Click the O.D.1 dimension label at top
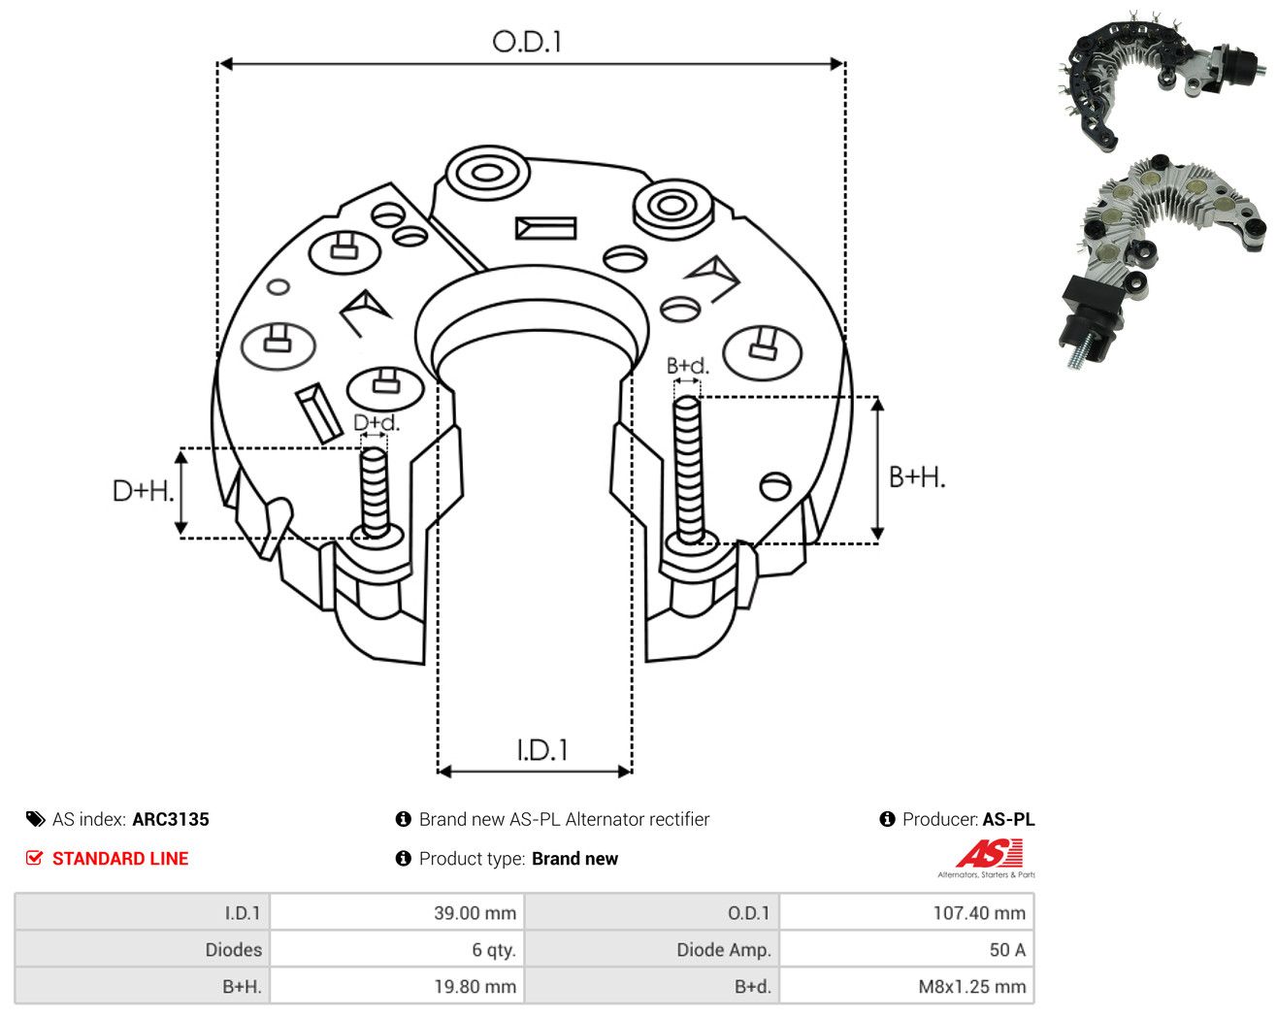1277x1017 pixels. tap(526, 42)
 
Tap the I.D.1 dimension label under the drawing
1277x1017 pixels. tap(542, 750)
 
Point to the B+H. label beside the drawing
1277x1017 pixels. tap(917, 477)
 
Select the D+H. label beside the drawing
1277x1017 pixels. tap(144, 491)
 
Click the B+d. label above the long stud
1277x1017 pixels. tap(688, 366)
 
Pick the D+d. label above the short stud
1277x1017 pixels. tap(377, 422)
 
